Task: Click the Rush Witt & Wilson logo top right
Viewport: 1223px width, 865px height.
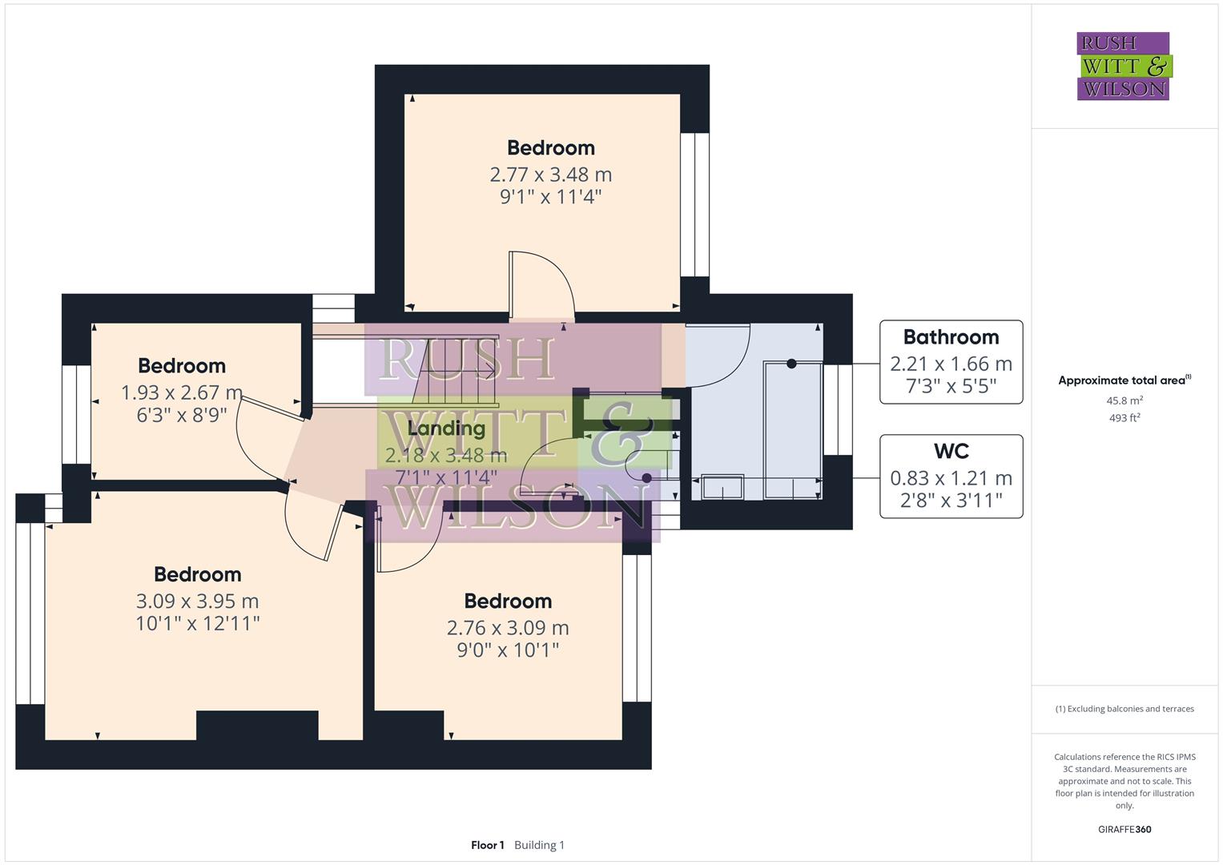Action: (1123, 66)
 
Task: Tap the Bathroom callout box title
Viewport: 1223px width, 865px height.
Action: (951, 337)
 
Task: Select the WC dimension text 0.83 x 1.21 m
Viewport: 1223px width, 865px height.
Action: (951, 478)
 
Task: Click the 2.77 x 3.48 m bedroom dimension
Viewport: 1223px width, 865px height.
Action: (550, 175)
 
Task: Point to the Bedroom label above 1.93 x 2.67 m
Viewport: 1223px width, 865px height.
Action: (182, 366)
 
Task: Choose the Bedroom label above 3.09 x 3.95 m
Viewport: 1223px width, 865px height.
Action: (197, 574)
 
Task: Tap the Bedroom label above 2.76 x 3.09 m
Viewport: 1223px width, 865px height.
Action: (508, 601)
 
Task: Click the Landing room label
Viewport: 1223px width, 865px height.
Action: (446, 428)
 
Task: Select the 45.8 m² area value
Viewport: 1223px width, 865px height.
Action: (1124, 400)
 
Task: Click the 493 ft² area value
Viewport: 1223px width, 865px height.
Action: (1124, 418)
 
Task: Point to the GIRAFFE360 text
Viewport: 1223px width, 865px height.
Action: (1124, 829)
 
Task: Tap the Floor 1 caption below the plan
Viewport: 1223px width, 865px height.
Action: (487, 845)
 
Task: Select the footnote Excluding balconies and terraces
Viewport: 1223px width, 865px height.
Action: (1124, 709)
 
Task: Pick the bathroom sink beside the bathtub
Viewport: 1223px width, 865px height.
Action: (722, 487)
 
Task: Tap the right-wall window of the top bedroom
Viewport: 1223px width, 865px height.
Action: (694, 205)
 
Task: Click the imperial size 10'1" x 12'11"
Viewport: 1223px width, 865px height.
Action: (197, 623)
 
